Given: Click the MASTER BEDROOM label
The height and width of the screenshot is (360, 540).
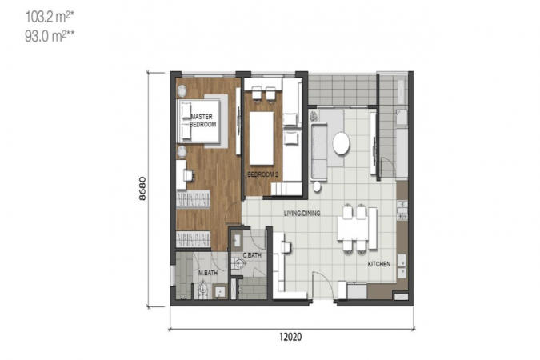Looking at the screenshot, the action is (x=203, y=120).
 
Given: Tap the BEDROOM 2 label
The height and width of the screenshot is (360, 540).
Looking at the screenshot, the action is (x=262, y=174).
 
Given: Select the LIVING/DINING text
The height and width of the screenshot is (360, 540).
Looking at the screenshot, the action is (x=302, y=213).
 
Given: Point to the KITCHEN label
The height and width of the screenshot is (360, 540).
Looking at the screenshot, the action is (x=379, y=264).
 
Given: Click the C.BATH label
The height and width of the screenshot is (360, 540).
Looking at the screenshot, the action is (x=252, y=255).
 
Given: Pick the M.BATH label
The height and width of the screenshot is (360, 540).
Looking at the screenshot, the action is (x=208, y=273).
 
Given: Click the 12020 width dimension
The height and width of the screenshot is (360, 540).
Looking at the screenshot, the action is (x=290, y=337).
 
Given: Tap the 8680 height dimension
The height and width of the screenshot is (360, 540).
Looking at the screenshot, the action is (x=142, y=189).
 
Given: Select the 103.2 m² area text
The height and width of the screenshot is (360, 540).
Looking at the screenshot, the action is (x=50, y=17).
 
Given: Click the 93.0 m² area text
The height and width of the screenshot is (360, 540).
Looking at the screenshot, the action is (x=50, y=36).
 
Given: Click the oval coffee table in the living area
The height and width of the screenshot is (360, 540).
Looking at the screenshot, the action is (x=342, y=142).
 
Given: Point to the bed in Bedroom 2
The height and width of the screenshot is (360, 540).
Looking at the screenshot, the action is (x=262, y=138).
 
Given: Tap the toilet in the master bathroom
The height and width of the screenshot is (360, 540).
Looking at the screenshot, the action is (x=203, y=289).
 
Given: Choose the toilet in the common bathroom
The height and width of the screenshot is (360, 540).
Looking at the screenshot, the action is (x=238, y=264).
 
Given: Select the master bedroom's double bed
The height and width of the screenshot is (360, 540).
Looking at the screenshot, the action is (x=198, y=121).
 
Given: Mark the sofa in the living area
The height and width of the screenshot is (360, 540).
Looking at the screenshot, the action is (x=319, y=151).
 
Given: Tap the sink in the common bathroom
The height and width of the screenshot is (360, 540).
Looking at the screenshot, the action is (x=237, y=240).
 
